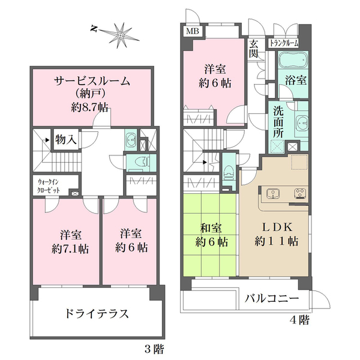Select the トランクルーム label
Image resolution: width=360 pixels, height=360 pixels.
point(283,43)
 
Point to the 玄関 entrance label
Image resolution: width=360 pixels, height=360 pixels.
point(254,49)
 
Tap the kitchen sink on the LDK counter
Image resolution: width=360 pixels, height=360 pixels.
point(271,193)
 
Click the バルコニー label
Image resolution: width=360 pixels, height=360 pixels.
point(272,298)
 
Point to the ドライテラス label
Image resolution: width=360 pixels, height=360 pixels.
point(97,313)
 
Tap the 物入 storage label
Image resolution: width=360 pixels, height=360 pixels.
point(65,139)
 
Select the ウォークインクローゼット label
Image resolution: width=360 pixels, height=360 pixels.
point(46,183)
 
